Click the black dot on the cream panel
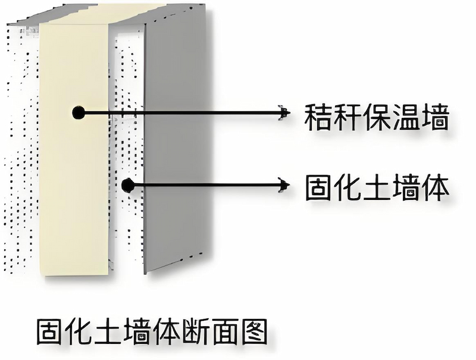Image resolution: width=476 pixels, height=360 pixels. [78, 112]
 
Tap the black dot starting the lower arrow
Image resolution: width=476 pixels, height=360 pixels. [127, 186]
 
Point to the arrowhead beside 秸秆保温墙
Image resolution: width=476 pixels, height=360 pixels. [284, 112]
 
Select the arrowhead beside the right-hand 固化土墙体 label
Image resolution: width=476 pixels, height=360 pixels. [284, 186]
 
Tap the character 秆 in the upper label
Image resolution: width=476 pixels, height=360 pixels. [347, 117]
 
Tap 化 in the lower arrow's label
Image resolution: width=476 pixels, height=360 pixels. [347, 187]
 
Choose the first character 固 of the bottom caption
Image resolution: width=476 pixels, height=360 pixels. [49, 332]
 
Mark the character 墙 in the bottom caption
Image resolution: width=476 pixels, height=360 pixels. [136, 332]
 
